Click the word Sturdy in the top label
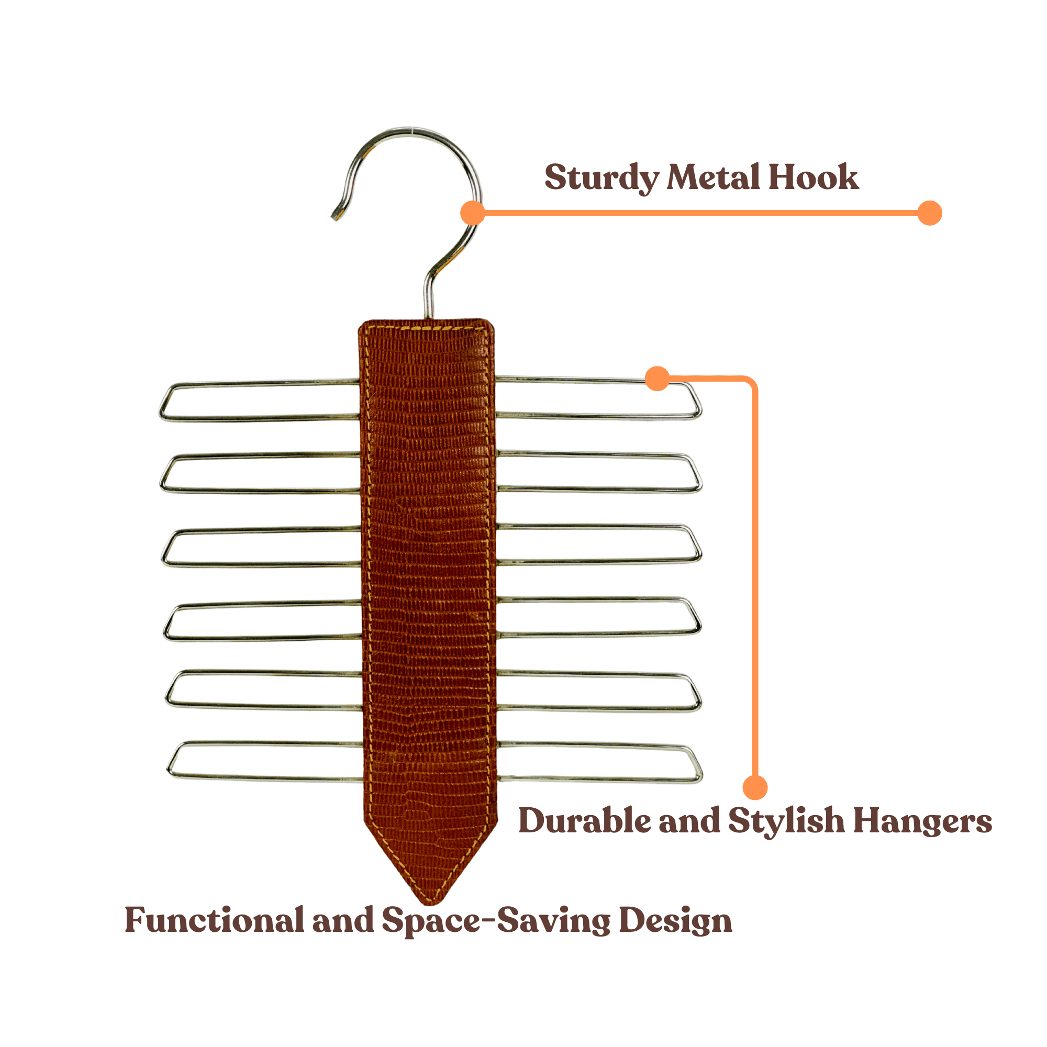coord(602,179)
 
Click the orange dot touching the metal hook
coord(473,213)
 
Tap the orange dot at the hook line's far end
coord(929,213)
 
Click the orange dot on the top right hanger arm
coord(658,378)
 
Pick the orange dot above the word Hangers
coord(755,787)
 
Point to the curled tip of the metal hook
coord(335,216)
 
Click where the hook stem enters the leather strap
coord(428,318)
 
